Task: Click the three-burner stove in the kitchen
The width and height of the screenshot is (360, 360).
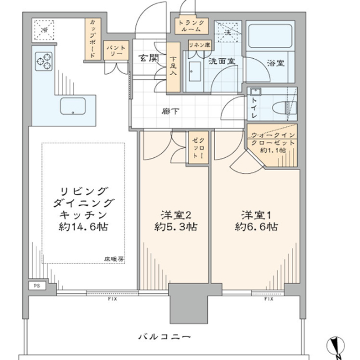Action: (x=44, y=62)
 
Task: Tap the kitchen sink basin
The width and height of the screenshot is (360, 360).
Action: (x=73, y=106)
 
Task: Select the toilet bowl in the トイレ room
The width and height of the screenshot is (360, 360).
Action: (x=284, y=107)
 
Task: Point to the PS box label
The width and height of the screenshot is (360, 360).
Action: (x=37, y=286)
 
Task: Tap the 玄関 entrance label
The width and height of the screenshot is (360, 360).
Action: (x=149, y=58)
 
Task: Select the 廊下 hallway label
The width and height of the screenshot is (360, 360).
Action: (x=170, y=112)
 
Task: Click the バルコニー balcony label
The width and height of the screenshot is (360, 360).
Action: (x=165, y=337)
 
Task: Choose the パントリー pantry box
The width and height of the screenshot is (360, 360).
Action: (x=116, y=50)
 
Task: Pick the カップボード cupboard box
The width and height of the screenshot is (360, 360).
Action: (x=93, y=39)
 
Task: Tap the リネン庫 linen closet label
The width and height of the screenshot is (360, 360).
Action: (x=199, y=45)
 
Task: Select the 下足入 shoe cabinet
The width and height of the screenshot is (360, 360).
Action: (x=173, y=67)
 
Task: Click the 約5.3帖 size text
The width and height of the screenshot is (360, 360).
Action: (x=176, y=227)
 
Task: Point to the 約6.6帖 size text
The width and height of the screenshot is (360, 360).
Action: (x=256, y=227)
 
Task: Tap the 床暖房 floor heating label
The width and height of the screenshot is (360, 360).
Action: (x=114, y=259)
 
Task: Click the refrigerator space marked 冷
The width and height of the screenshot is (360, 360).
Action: (x=44, y=30)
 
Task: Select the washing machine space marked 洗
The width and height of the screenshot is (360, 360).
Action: (x=228, y=32)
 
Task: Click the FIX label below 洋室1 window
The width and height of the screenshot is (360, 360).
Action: (x=269, y=299)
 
